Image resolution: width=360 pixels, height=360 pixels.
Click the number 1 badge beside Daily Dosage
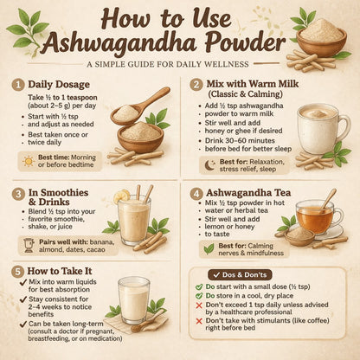[x=16, y=86]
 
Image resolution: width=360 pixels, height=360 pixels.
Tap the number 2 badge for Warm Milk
[x=196, y=86]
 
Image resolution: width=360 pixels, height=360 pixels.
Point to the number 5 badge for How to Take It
[x=16, y=271]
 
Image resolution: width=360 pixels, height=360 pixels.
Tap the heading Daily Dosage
[x=61, y=86]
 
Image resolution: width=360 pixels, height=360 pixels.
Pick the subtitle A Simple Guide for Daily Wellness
[x=179, y=64]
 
